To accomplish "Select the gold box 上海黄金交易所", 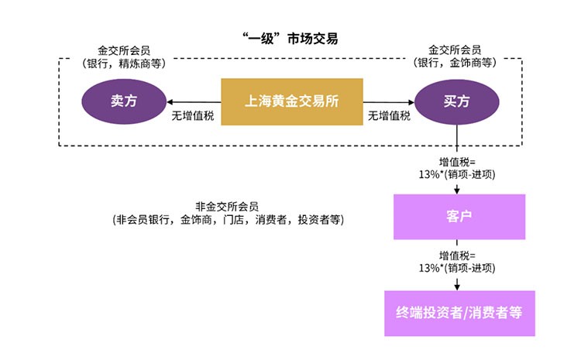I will pyautogui.click(x=292, y=101).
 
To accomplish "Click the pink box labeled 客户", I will pyautogui.click(x=459, y=217).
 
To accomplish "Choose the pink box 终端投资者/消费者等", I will pyautogui.click(x=459, y=313).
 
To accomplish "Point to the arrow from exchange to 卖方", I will pyautogui.click(x=193, y=102).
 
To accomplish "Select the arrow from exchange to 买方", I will pyautogui.click(x=390, y=102).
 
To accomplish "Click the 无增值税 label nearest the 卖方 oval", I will pyautogui.click(x=193, y=116).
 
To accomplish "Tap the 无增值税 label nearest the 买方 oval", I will pyautogui.click(x=389, y=116).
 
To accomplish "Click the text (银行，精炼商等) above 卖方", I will pyautogui.click(x=124, y=63).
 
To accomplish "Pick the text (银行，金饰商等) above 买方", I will pyautogui.click(x=456, y=63).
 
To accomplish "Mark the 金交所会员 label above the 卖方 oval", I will pyautogui.click(x=124, y=50).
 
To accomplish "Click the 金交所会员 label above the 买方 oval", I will pyautogui.click(x=456, y=50).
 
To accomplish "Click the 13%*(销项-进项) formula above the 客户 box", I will pyautogui.click(x=457, y=174).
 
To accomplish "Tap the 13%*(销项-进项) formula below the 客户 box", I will pyautogui.click(x=457, y=268).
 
